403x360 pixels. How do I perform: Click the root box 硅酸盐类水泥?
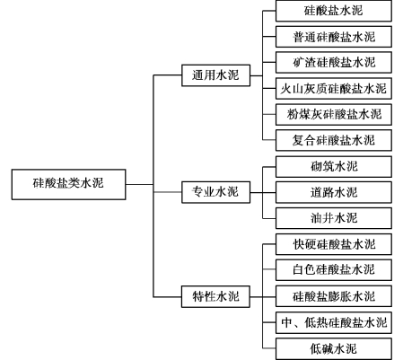tap(68, 184)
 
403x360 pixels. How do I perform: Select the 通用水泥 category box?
tap(215, 75)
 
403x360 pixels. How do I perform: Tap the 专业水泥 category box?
tap(215, 192)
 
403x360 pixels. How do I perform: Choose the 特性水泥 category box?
tap(215, 296)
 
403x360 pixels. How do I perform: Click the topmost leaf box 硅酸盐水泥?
tap(334, 11)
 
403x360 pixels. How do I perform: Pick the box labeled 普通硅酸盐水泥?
tap(334, 37)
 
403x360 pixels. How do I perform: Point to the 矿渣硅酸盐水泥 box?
tap(334, 62)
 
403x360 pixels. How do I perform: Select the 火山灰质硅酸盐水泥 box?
tap(334, 88)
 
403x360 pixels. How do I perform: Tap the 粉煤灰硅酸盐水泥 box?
tap(334, 114)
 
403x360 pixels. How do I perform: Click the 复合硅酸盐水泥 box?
tap(334, 140)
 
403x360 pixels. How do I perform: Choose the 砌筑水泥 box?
tap(334, 166)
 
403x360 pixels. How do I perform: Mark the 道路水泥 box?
tap(334, 192)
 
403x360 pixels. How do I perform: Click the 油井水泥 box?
tap(334, 218)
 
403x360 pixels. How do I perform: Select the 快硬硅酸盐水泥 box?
tap(334, 244)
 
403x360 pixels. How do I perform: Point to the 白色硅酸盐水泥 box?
tap(334, 270)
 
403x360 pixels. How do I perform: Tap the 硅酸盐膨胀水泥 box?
tap(334, 296)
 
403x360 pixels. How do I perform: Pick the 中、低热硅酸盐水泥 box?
tap(334, 322)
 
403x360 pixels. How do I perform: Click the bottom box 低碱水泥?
tap(334, 348)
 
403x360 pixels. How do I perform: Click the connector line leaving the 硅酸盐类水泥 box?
tap(139, 184)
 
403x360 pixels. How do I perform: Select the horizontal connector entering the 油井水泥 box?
tap(269, 218)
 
